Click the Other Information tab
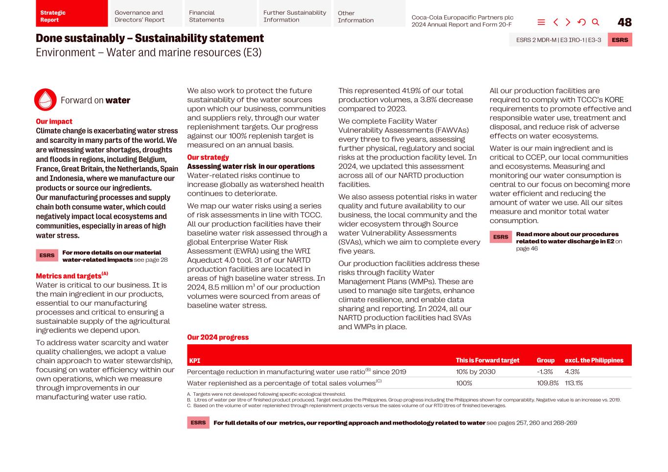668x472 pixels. pos(369,16)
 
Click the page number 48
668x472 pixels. pos(624,22)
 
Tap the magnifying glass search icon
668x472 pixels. pos(596,22)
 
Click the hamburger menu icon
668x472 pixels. pos(541,22)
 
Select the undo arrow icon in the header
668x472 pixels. pos(581,22)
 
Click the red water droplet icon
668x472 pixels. pos(46,100)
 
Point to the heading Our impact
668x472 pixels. pos(54,121)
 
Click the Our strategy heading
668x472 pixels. pos(207,157)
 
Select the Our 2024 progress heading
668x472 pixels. pos(218,337)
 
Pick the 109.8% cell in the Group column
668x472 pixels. pos(547,383)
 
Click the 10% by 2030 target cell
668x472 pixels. pos(475,372)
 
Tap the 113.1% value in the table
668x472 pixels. pos(574,383)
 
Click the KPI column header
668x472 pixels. pos(195,360)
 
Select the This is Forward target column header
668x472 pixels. pos(487,360)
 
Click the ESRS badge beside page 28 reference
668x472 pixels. pos(47,255)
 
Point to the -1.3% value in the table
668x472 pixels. pos(545,372)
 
